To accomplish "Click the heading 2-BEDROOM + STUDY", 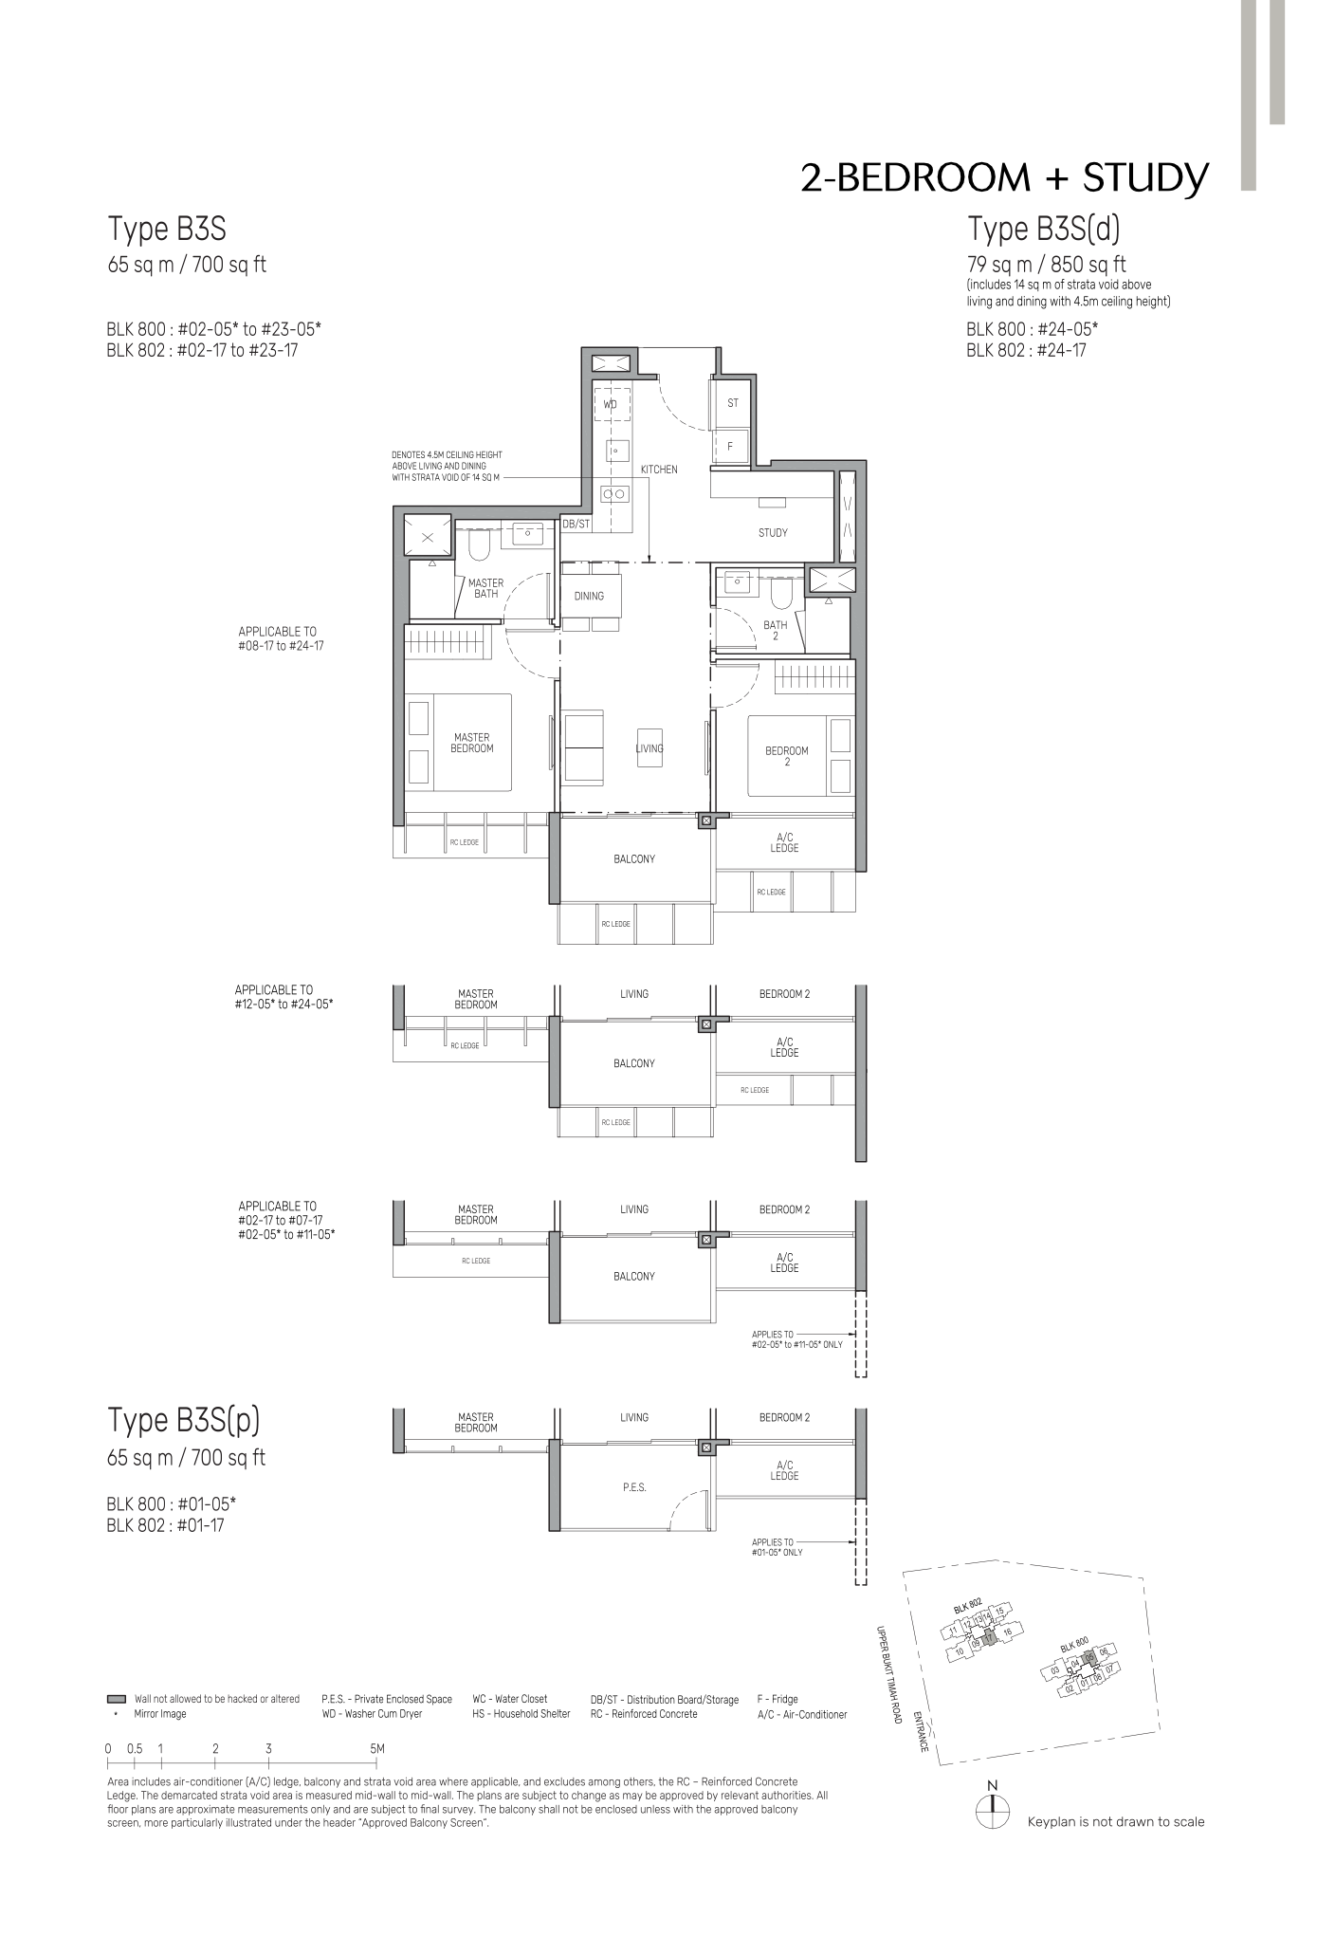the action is pos(1004,178).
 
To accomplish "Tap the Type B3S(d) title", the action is pos(1044,229).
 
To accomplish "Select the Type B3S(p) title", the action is pos(184,1420).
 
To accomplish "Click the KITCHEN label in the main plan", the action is pos(659,470).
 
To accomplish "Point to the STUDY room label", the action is pos(773,533).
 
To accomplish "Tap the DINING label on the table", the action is pos(589,597).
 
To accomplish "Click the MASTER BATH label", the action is pos(485,588).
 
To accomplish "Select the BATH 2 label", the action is pos(776,630).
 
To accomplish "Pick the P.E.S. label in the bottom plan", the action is pos(634,1487).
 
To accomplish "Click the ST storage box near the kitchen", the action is pos(732,403).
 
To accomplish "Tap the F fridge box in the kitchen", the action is pos(730,446).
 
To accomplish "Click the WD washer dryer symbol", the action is pos(612,404).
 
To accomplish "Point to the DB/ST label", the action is pos(576,524).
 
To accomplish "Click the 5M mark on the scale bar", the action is pos(376,1748).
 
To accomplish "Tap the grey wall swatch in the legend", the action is pos(117,1699).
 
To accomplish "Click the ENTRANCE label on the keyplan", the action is pos(920,1732).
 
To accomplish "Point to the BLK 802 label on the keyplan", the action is pos(968,1605).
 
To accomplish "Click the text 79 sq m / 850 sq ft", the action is pos(1047,265).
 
